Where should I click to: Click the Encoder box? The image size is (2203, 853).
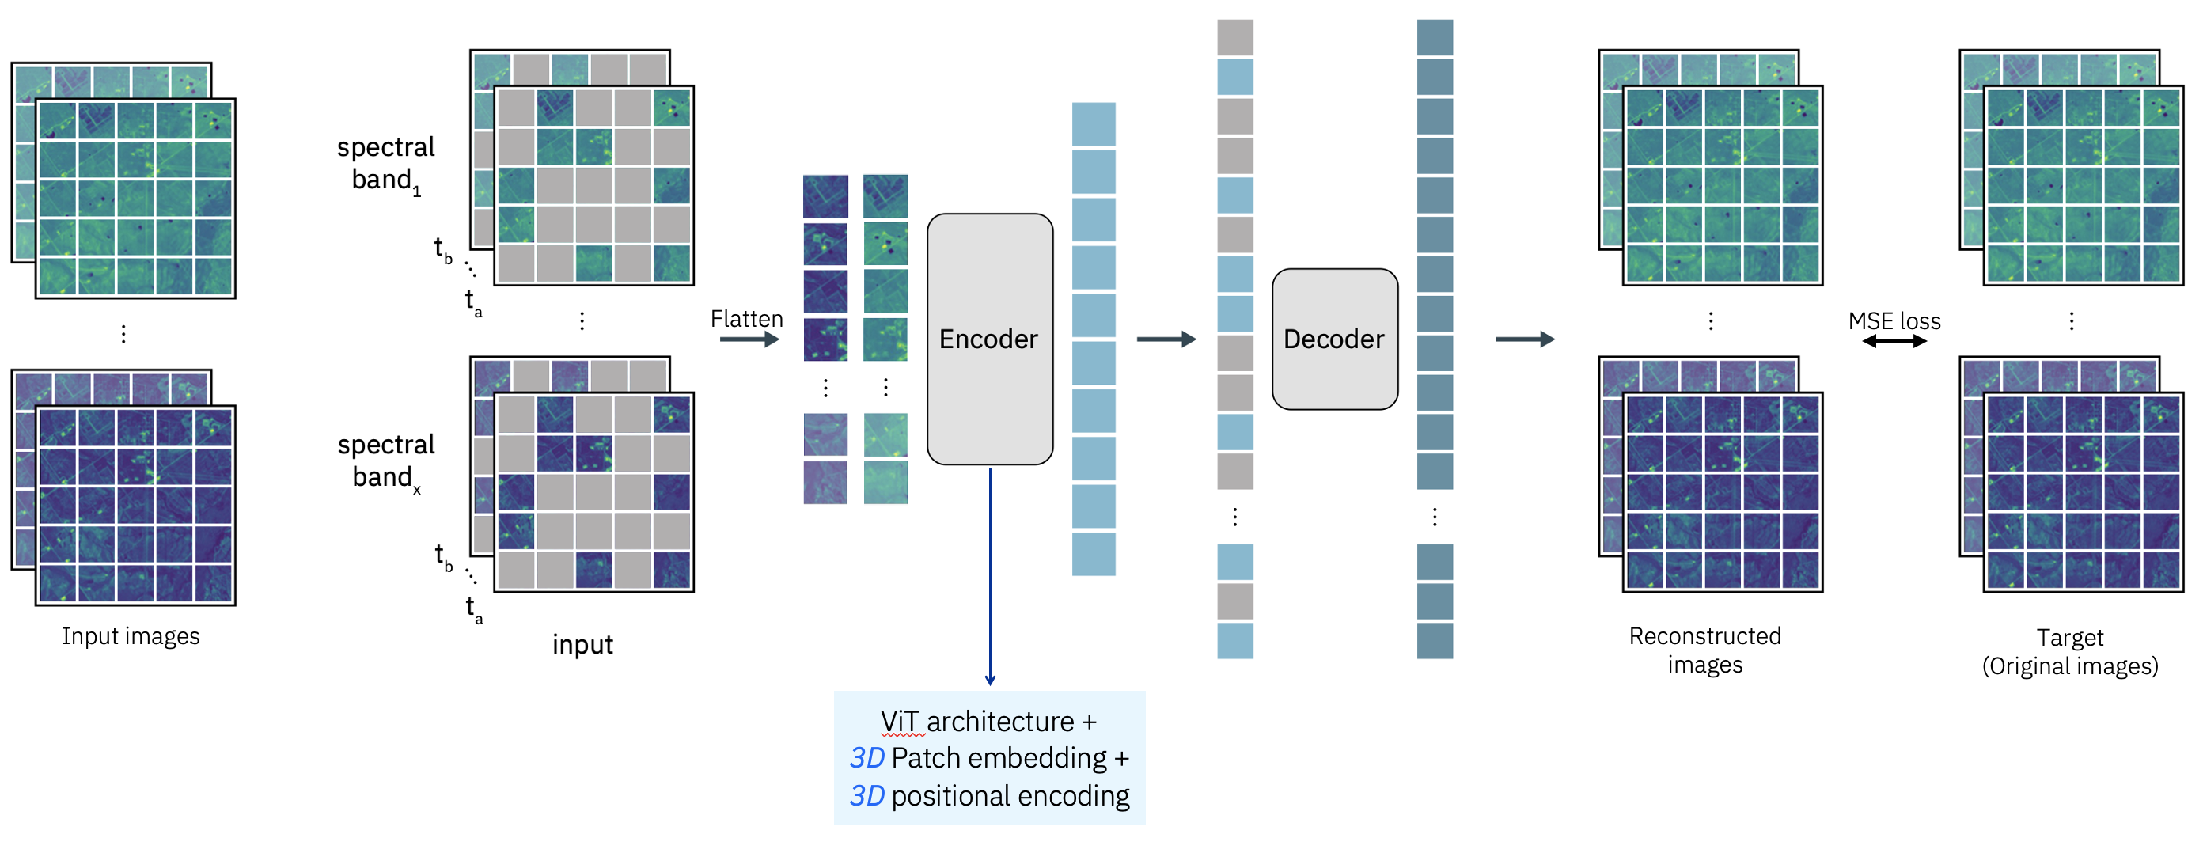coord(989,339)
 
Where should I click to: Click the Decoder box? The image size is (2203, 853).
coord(1334,339)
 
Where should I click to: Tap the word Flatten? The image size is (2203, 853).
coord(745,319)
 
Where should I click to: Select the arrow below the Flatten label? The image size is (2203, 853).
coord(749,339)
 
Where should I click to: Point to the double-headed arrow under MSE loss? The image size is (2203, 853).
coord(1894,341)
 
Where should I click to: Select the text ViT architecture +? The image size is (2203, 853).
coord(988,721)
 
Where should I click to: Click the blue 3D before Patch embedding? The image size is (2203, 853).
coord(866,758)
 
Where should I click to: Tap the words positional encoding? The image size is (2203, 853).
coord(1009,796)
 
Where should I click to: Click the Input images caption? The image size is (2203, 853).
coord(130,635)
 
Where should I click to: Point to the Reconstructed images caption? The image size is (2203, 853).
coord(1704,650)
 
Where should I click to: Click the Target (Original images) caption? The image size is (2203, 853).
coord(2069,651)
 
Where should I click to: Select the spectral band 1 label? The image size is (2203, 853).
coord(385,164)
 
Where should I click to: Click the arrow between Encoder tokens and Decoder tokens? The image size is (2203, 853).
coord(1166,339)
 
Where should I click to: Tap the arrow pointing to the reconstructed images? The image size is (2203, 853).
coord(1524,339)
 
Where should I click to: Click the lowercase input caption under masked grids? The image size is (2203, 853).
coord(582,644)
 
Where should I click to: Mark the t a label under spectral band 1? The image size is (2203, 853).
coord(473,302)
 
